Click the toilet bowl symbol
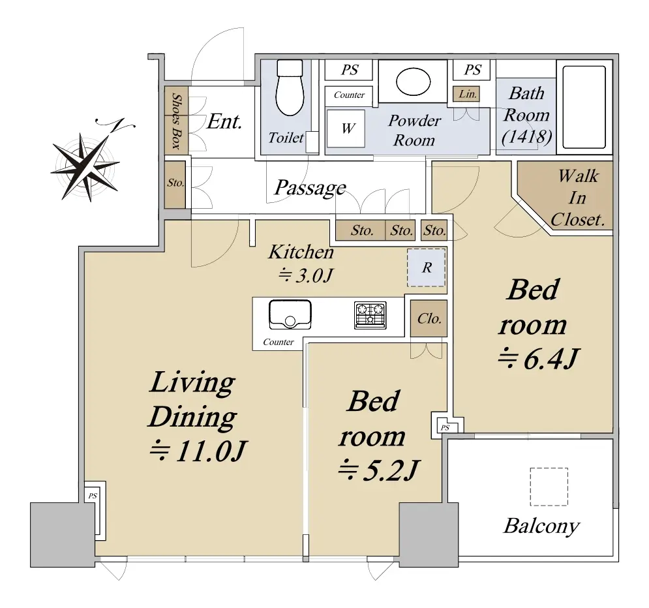pyautogui.click(x=290, y=87)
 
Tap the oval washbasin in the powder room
pyautogui.click(x=413, y=82)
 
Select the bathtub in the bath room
pyautogui.click(x=584, y=107)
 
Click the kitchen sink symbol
pyautogui.click(x=290, y=314)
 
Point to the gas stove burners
pyautogui.click(x=370, y=315)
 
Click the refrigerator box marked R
pyautogui.click(x=427, y=267)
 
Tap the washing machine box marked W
pyautogui.click(x=346, y=129)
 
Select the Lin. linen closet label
pyautogui.click(x=468, y=94)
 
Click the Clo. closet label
pyautogui.click(x=429, y=319)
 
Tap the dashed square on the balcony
pyautogui.click(x=549, y=487)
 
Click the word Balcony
pyautogui.click(x=541, y=526)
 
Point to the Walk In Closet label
pyautogui.click(x=578, y=198)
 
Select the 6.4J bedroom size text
pyautogui.click(x=539, y=359)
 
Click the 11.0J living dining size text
pyautogui.click(x=198, y=451)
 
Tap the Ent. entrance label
pyautogui.click(x=224, y=122)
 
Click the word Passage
pyautogui.click(x=310, y=189)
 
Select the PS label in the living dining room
pyautogui.click(x=93, y=495)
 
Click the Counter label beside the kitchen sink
pyautogui.click(x=278, y=342)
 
